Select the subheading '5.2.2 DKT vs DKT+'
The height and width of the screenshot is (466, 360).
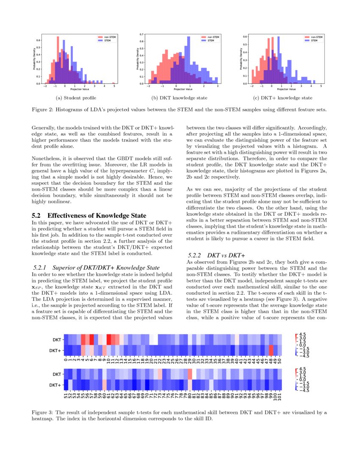click(216, 255)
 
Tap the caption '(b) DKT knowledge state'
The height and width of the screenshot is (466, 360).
click(180, 98)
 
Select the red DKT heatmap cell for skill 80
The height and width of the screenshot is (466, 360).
click(190, 374)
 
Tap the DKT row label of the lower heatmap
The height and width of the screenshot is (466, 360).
click(56, 374)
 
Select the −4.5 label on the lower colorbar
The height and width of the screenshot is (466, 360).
click(304, 390)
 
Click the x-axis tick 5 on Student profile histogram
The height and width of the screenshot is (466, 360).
click(114, 86)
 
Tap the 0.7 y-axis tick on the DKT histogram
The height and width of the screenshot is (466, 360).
click(143, 33)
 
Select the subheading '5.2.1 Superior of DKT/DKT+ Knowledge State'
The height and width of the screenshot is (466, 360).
click(96, 268)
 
